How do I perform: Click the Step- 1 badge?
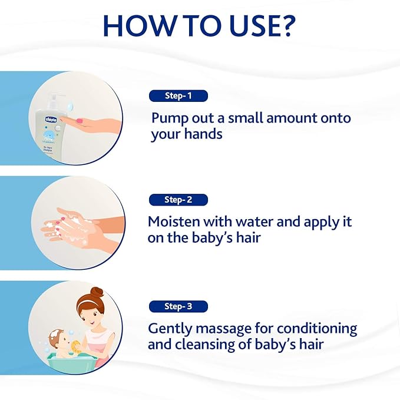coord(178,95)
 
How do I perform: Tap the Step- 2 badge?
coord(178,200)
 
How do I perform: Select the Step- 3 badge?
coord(178,306)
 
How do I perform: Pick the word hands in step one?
coord(203,134)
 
